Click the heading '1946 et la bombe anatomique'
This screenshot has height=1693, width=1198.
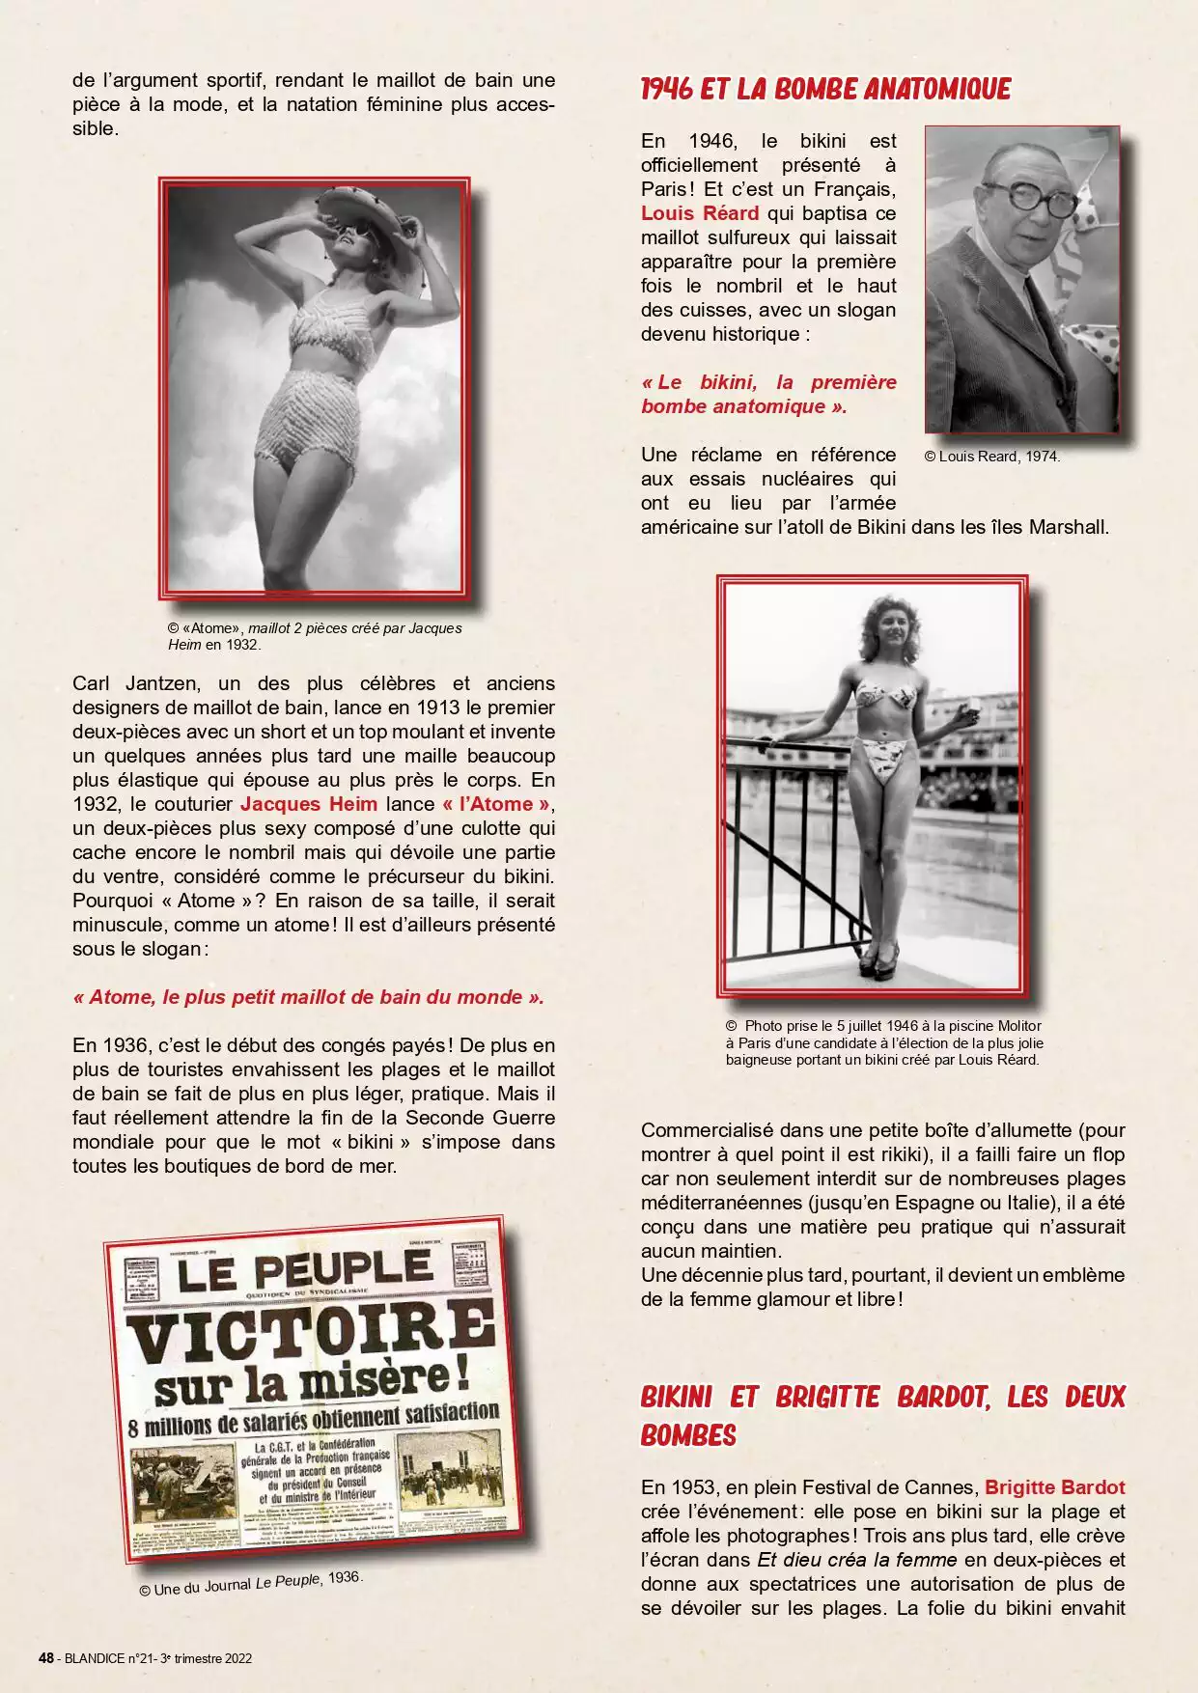(x=825, y=90)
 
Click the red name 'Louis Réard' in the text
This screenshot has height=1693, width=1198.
(x=700, y=213)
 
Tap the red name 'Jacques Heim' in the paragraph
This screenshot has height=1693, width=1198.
(x=309, y=804)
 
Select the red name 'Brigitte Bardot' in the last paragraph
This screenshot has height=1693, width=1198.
(x=1055, y=1487)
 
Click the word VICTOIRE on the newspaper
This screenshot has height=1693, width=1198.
(x=311, y=1330)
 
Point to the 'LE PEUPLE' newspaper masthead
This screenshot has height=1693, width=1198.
(x=303, y=1270)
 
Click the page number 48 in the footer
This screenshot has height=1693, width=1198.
(x=45, y=1658)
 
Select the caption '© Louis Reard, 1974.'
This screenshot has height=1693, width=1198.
(x=992, y=457)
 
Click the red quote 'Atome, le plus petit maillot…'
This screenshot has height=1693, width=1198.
(x=309, y=997)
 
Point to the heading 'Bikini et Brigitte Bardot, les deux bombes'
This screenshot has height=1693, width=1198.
(x=882, y=1416)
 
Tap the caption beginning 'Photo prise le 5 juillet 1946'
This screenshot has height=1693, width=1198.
(x=883, y=1042)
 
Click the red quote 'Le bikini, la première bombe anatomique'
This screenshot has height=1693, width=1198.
(x=768, y=394)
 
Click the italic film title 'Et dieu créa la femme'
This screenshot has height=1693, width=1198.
(x=857, y=1560)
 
